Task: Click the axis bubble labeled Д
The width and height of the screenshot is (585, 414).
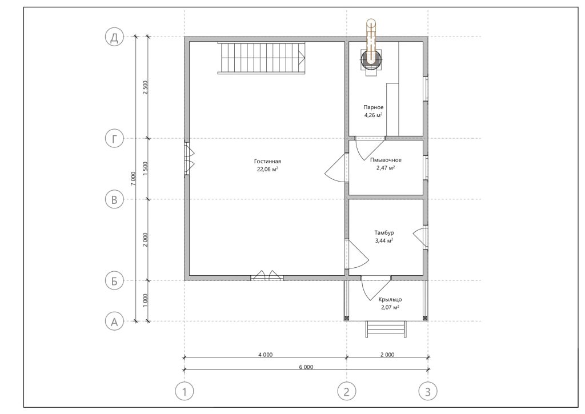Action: click(114, 37)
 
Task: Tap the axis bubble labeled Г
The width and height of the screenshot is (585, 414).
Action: click(114, 139)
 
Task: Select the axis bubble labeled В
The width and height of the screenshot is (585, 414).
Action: click(114, 199)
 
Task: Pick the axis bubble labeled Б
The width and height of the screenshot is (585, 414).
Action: click(114, 280)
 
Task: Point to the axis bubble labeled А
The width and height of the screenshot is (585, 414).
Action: click(114, 321)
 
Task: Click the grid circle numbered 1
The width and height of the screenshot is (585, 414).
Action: click(185, 392)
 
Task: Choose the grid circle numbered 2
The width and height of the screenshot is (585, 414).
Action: click(347, 392)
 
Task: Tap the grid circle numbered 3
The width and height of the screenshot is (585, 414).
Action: click(427, 392)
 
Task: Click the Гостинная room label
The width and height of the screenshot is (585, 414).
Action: click(267, 162)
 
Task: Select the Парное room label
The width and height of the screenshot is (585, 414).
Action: click(374, 107)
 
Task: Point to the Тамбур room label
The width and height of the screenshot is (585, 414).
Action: click(384, 233)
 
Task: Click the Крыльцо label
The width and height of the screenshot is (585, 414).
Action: click(390, 299)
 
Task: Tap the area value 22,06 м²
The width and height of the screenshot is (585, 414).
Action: click(267, 170)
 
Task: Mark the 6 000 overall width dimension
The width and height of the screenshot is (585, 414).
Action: click(306, 367)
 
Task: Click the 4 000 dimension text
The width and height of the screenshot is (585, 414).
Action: click(265, 355)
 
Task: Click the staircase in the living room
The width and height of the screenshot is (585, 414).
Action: click(262, 58)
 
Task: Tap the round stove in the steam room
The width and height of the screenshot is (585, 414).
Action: click(371, 59)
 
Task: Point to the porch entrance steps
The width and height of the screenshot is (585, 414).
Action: click(386, 329)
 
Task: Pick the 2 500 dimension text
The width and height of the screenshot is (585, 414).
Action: click(146, 87)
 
